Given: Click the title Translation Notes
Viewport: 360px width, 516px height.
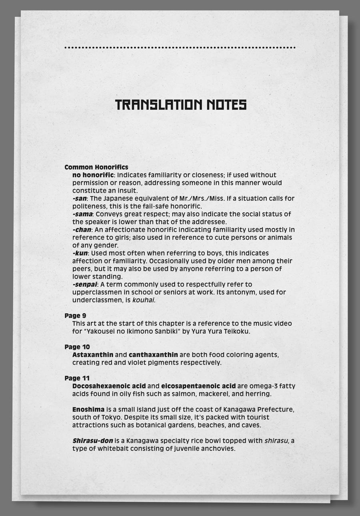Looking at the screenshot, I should [x=180, y=105].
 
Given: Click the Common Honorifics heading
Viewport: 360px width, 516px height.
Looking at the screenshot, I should [x=96, y=167].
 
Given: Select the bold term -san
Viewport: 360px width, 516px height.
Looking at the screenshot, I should [x=80, y=199].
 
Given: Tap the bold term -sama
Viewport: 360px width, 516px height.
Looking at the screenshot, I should [x=82, y=214].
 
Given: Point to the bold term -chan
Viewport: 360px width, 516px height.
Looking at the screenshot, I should [x=82, y=230].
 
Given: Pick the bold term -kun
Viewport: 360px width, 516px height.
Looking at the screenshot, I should [x=80, y=253].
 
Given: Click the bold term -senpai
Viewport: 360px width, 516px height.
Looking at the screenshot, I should [x=85, y=285].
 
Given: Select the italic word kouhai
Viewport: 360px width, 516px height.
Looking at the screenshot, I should [x=143, y=300].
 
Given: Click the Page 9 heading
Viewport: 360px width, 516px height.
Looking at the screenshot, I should [x=75, y=316].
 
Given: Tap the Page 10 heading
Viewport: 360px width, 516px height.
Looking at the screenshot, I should [x=77, y=347].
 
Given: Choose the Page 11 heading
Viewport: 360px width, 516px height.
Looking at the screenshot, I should [x=77, y=378].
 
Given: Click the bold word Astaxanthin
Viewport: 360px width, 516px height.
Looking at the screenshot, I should [x=93, y=355].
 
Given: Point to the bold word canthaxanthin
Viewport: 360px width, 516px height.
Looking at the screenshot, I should [x=153, y=355].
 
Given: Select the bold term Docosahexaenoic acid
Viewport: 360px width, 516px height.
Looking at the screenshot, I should [x=109, y=386].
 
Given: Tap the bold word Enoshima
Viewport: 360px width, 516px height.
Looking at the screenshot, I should [x=88, y=410].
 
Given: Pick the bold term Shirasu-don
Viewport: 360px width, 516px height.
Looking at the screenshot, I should [x=92, y=441].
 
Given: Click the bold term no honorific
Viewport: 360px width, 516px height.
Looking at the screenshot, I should [x=93, y=175].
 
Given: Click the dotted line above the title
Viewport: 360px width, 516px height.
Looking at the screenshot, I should [x=180, y=48].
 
